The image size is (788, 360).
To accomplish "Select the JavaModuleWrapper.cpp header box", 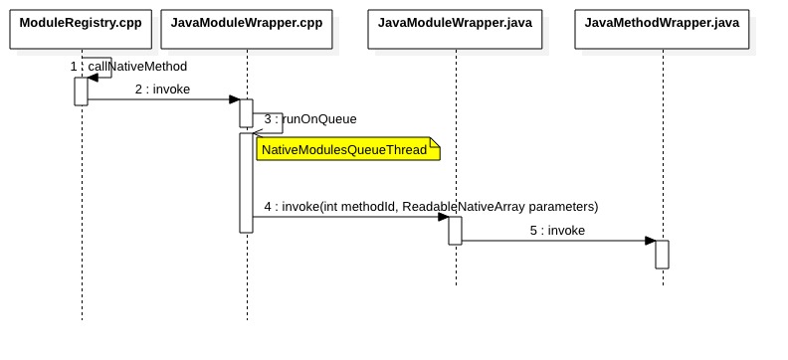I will point(246,22).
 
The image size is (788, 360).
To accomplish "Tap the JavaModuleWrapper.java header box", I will point(455,22).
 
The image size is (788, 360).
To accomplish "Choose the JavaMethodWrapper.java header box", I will point(662,22).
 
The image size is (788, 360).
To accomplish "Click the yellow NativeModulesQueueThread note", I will point(347,149).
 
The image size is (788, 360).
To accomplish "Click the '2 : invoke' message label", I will point(162,89).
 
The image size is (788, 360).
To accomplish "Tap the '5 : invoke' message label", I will point(556,230).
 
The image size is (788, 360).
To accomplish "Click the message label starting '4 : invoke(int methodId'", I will point(431,207).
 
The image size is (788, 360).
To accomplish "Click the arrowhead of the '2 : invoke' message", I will point(235,99).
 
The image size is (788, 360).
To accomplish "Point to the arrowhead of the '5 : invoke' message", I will point(650,240).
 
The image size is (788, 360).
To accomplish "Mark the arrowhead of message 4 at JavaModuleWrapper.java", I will point(443,217).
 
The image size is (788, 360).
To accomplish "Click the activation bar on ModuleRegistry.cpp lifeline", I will point(81,90).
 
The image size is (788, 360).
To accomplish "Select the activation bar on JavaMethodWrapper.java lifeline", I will point(662,254).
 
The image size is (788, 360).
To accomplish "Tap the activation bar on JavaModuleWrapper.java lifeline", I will point(455,230).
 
